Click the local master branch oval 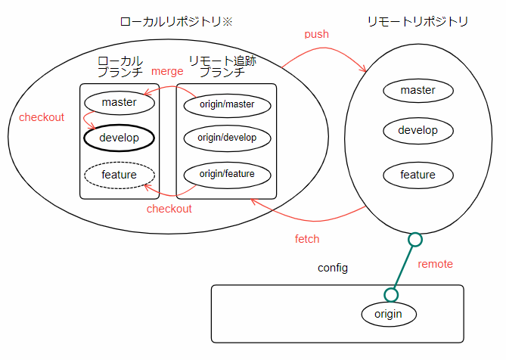click(x=119, y=102)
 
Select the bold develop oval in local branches click(x=119, y=138)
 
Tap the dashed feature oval click(x=119, y=175)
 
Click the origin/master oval click(x=227, y=103)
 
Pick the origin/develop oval click(x=227, y=138)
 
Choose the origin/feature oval click(x=227, y=174)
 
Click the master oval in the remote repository click(x=418, y=91)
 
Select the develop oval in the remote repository click(x=418, y=130)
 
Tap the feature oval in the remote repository click(x=418, y=175)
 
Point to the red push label click(x=317, y=35)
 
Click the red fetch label click(x=307, y=239)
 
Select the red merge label click(x=168, y=71)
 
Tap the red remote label click(x=436, y=264)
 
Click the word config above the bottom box click(x=333, y=268)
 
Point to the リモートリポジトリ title click(x=418, y=22)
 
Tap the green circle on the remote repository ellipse click(x=414, y=240)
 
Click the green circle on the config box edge click(x=390, y=294)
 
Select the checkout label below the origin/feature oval click(x=169, y=209)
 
